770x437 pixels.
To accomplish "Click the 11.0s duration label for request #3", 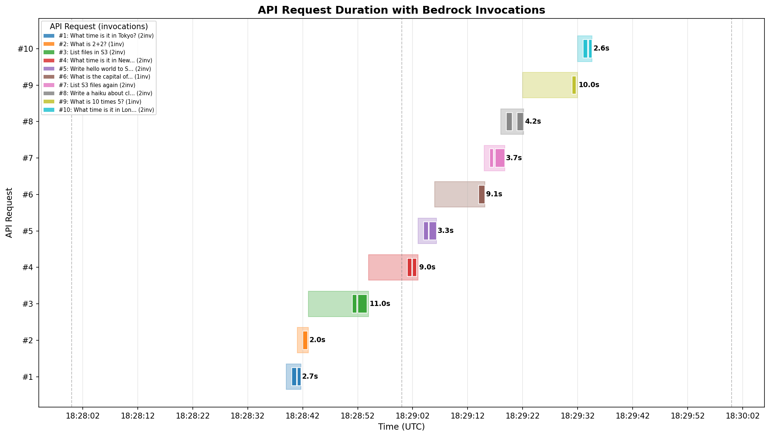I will (x=380, y=304).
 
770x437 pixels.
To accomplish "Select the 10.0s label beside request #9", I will (x=589, y=85).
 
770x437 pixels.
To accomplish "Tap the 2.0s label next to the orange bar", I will (x=317, y=340).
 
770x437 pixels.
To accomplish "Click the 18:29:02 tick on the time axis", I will (x=413, y=416).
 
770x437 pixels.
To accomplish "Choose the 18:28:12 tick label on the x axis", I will (x=137, y=416).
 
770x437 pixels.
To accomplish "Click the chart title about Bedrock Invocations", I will (x=401, y=10).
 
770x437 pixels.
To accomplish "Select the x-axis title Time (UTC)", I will (x=401, y=427).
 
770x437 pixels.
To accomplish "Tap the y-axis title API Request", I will (x=9, y=213).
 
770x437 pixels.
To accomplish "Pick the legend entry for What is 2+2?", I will (x=91, y=44).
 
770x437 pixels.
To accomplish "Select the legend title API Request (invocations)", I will (x=99, y=27).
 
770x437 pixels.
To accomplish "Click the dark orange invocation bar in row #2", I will (x=305, y=340).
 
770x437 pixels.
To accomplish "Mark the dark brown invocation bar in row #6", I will (x=482, y=195).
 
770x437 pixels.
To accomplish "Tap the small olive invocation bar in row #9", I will (x=574, y=85).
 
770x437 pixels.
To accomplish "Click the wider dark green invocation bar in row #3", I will (x=362, y=304).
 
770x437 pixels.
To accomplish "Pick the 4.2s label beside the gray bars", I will (x=533, y=121).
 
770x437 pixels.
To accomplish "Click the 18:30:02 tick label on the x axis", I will (x=743, y=416).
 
